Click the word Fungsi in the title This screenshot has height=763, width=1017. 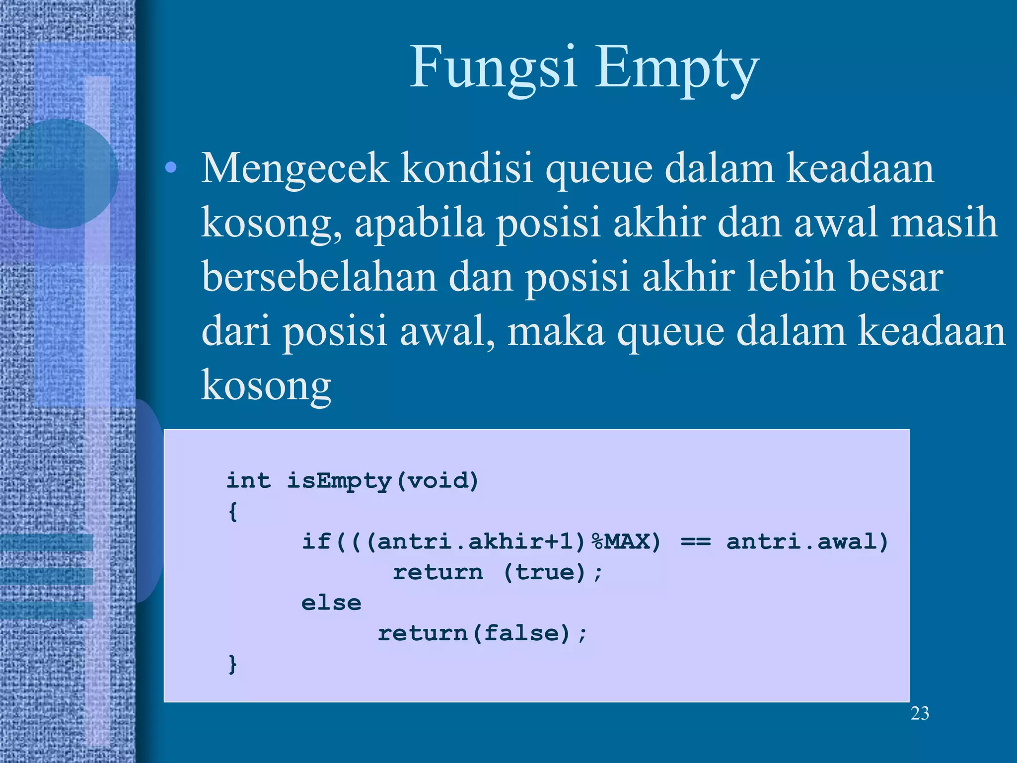click(493, 67)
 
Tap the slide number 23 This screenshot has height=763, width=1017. click(920, 713)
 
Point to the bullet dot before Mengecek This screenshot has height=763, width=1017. click(171, 168)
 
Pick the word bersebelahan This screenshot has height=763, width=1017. click(319, 277)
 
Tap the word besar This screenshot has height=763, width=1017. click(895, 277)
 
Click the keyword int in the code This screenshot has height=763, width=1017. click(248, 480)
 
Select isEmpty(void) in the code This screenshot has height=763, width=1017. click(383, 481)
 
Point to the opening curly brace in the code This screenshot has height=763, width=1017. click(232, 511)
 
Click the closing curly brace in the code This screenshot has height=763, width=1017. click(232, 664)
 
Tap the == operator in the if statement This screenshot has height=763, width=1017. click(695, 541)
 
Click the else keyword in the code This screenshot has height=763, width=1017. click(331, 603)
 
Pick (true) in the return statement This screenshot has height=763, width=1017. click(545, 572)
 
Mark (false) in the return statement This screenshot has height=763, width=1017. click(521, 633)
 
